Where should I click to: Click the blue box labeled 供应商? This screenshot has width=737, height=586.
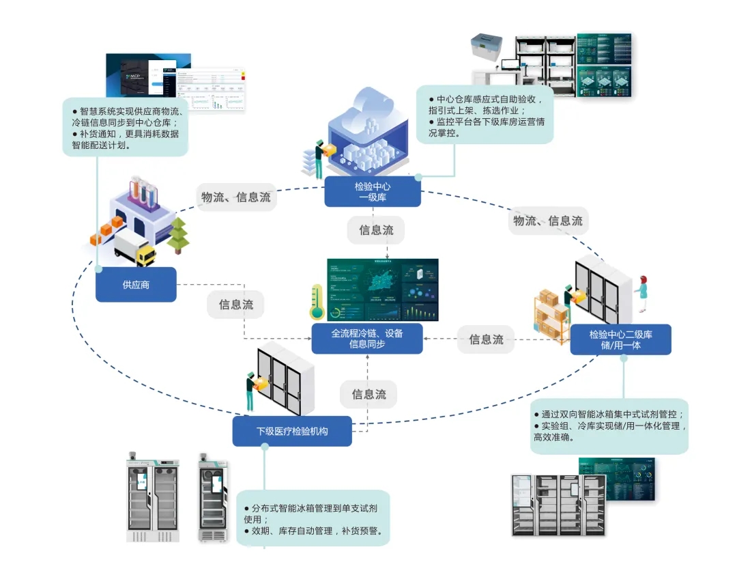pos(136,285)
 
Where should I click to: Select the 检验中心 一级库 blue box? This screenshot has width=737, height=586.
pos(372,192)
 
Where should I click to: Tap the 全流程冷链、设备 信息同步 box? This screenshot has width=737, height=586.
pos(367,339)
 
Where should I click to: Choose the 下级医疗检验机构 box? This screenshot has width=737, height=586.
pos(292,431)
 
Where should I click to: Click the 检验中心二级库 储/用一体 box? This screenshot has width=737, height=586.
pos(620,339)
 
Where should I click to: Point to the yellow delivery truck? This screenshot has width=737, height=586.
pos(135,249)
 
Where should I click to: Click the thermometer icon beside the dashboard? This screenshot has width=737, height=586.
pos(316,303)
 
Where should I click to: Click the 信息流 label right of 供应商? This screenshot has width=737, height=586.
pos(235,305)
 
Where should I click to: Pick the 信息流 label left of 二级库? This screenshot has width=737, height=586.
pos(486,339)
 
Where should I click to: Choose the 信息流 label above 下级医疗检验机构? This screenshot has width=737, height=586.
pos(369,394)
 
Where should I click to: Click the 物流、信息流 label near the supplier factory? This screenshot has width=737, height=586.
pos(235,197)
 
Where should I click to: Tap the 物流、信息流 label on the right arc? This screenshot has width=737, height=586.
pos(548,220)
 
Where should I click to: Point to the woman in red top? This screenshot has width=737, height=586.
pos(641,292)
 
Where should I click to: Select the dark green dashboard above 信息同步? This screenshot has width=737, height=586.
pos(382,290)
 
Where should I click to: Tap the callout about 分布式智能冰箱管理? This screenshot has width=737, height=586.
pos(314,519)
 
